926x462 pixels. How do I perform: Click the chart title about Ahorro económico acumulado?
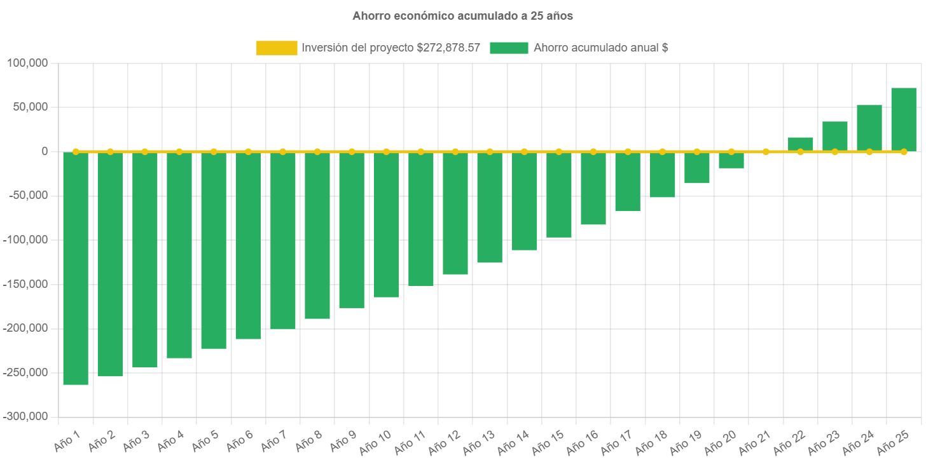pyautogui.click(x=462, y=17)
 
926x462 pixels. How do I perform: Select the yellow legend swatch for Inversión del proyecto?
pyautogui.click(x=277, y=48)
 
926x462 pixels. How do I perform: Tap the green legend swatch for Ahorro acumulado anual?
pyautogui.click(x=509, y=48)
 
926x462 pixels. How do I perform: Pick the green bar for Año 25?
pyautogui.click(x=903, y=119)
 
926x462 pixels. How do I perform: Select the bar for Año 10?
pyautogui.click(x=386, y=224)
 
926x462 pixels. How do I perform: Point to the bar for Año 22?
pyautogui.click(x=800, y=144)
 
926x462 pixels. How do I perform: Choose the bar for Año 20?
pyautogui.click(x=731, y=160)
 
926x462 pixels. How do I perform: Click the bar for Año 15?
pyautogui.click(x=558, y=194)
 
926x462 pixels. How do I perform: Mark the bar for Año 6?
pyautogui.click(x=248, y=245)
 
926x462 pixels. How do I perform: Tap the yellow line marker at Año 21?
pyautogui.click(x=766, y=152)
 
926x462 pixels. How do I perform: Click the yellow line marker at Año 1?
pyautogui.click(x=76, y=152)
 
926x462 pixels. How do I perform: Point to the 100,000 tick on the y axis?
pyautogui.click(x=28, y=63)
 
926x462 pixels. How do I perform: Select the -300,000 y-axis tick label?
pyautogui.click(x=25, y=416)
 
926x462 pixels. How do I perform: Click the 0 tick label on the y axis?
pyautogui.click(x=45, y=151)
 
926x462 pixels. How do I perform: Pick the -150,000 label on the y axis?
pyautogui.click(x=25, y=284)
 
